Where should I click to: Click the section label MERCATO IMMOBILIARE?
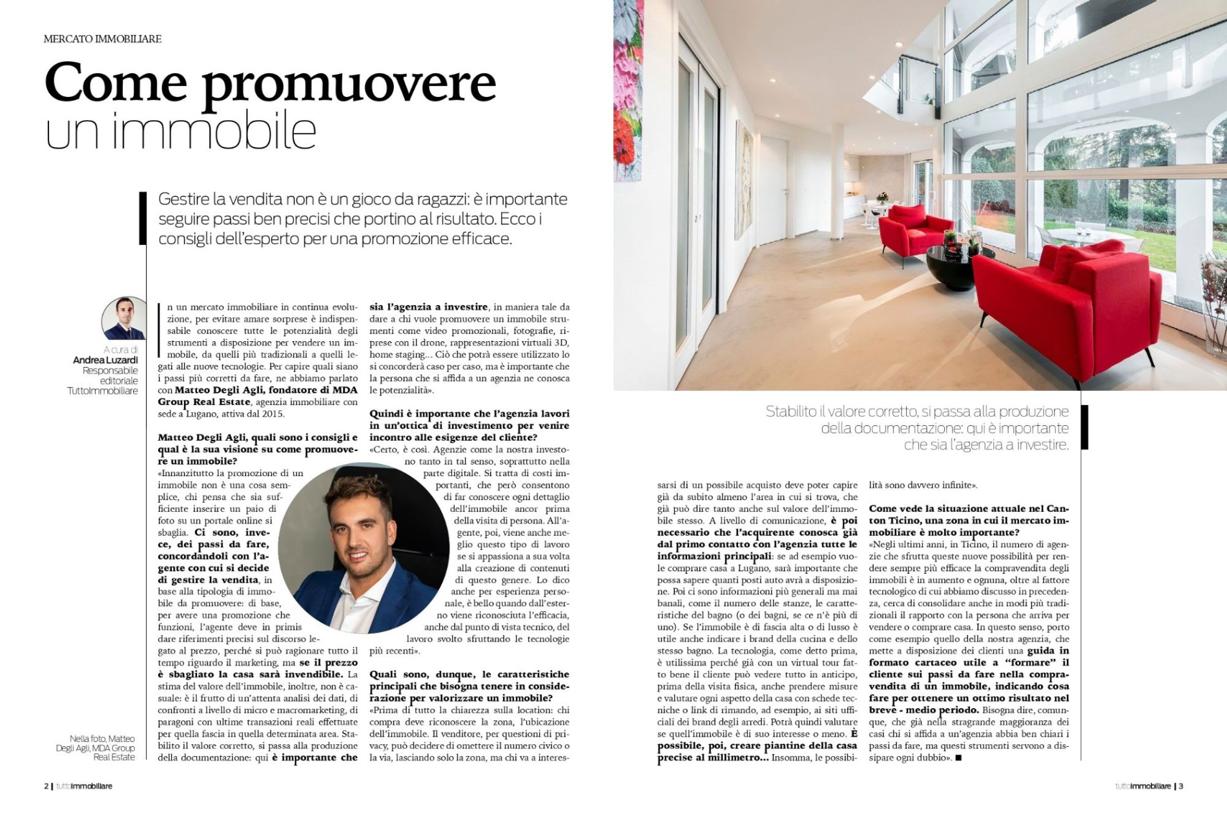coord(102,39)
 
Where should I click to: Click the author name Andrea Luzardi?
coord(105,360)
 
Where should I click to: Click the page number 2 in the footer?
coord(46,786)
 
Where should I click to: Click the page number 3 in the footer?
coord(1181,786)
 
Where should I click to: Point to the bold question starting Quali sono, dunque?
coord(469,686)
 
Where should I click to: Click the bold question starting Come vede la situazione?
coord(969,520)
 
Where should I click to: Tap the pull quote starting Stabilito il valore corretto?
coord(917,428)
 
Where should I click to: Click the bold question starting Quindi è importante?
coord(469,425)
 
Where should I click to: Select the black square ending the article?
coord(958,758)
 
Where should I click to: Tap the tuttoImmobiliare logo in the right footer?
coord(1142,786)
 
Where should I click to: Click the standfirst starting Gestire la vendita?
coord(362,218)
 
